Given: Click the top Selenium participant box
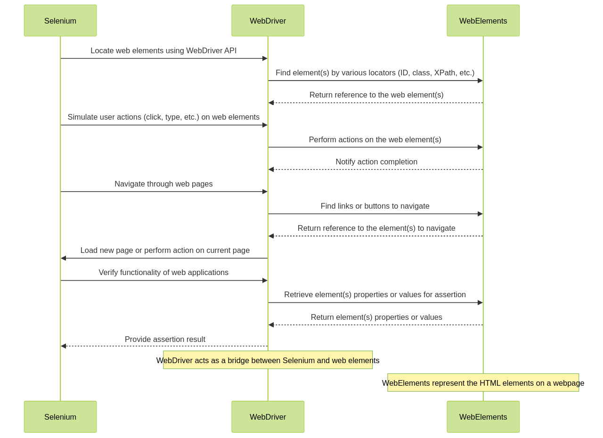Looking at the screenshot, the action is click(60, 20).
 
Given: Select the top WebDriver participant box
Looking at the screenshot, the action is click(268, 20).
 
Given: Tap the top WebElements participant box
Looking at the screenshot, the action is click(483, 20).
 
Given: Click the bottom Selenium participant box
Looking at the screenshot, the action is click(60, 417).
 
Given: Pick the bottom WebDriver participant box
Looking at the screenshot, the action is click(268, 417).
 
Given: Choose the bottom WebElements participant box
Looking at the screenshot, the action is click(483, 417).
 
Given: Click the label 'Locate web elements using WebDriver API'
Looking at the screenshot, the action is click(163, 50).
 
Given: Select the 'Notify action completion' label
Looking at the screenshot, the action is click(376, 162).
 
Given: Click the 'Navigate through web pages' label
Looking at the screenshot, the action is click(163, 184).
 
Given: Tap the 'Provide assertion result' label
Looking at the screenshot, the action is click(165, 339).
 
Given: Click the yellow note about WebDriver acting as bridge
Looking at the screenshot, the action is click(268, 360).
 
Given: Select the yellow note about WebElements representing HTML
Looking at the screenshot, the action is click(483, 382).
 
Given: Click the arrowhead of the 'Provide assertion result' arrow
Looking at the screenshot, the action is click(64, 346).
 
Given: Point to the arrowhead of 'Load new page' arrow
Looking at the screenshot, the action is click(64, 258).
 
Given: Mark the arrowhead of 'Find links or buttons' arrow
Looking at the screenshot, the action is click(480, 214).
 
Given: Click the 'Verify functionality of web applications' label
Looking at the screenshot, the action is click(163, 272).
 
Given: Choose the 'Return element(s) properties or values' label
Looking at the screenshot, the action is click(376, 317).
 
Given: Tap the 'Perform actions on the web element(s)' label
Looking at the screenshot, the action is click(375, 139).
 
